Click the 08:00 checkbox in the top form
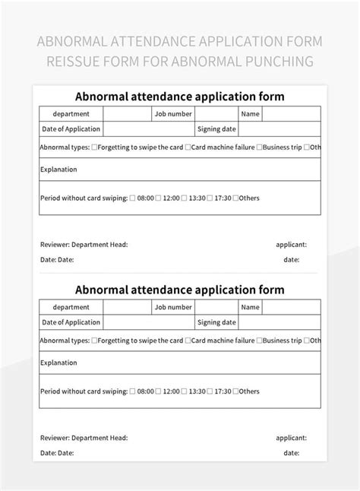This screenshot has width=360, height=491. click(x=132, y=198)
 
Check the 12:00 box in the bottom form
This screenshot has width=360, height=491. click(x=158, y=391)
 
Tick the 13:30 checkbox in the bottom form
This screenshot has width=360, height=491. click(x=185, y=391)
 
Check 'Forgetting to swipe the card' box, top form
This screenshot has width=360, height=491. click(x=94, y=147)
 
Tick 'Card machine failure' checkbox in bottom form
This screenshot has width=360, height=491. click(x=188, y=341)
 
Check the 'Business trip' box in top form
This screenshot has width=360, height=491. click(x=260, y=147)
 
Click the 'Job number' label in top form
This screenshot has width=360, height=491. click(x=173, y=114)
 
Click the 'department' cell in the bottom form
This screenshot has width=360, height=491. click(x=71, y=307)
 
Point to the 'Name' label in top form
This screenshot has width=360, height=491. click(x=251, y=114)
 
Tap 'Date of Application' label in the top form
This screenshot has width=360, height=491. click(x=71, y=130)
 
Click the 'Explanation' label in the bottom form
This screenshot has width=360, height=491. click(x=58, y=363)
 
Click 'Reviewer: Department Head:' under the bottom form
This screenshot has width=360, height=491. click(x=84, y=438)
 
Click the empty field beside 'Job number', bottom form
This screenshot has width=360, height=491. click(x=216, y=307)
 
